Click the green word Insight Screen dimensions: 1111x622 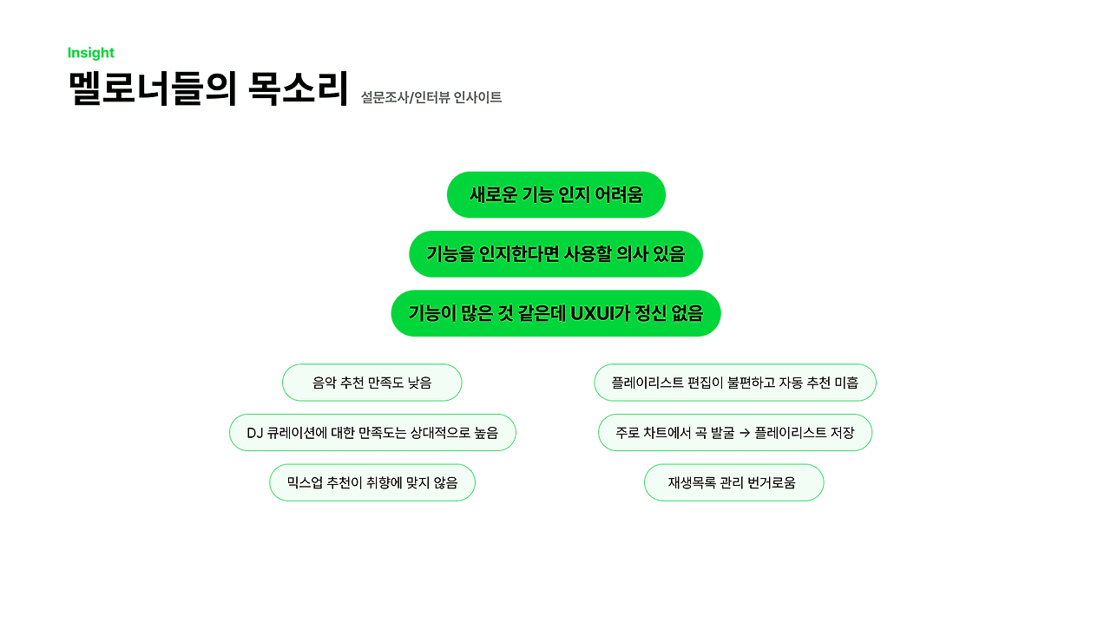(91, 53)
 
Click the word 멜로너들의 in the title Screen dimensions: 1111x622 (153, 88)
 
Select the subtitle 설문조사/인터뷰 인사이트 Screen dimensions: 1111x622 (431, 97)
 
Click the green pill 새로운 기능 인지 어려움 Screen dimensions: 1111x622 (555, 194)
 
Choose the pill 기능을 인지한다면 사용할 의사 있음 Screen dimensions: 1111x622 (555, 254)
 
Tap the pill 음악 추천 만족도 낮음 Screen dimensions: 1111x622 (371, 383)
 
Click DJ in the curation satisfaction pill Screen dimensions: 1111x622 (255, 433)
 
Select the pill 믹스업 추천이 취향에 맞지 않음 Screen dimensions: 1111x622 (371, 482)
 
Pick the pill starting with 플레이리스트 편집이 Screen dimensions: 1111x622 (734, 383)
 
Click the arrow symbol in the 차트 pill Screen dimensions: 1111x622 (744, 433)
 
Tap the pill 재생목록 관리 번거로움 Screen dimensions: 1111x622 (733, 482)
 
